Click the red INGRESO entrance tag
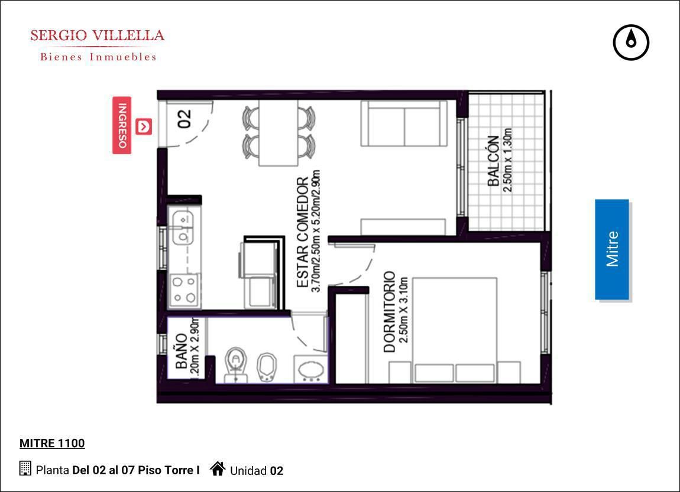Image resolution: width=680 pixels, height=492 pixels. [122, 125]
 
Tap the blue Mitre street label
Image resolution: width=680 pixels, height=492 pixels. [612, 249]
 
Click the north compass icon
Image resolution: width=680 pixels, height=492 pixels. [631, 43]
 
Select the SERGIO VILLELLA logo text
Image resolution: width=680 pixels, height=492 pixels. [98, 35]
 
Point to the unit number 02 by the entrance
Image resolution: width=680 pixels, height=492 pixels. [184, 118]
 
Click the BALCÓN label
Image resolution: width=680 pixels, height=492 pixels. [493, 161]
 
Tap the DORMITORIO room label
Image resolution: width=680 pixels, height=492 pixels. [390, 312]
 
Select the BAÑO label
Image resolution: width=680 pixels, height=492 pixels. [182, 351]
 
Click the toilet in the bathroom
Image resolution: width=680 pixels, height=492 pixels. [236, 363]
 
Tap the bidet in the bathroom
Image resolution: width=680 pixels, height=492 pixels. [267, 367]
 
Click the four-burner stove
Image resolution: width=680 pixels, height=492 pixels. [184, 290]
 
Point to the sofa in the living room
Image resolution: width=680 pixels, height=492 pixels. [404, 123]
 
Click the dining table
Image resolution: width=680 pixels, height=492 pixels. [279, 132]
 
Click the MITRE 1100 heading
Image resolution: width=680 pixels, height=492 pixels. [52, 443]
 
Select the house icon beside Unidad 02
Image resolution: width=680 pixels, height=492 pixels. [218, 468]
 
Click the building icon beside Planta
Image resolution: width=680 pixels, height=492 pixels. [25, 468]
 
